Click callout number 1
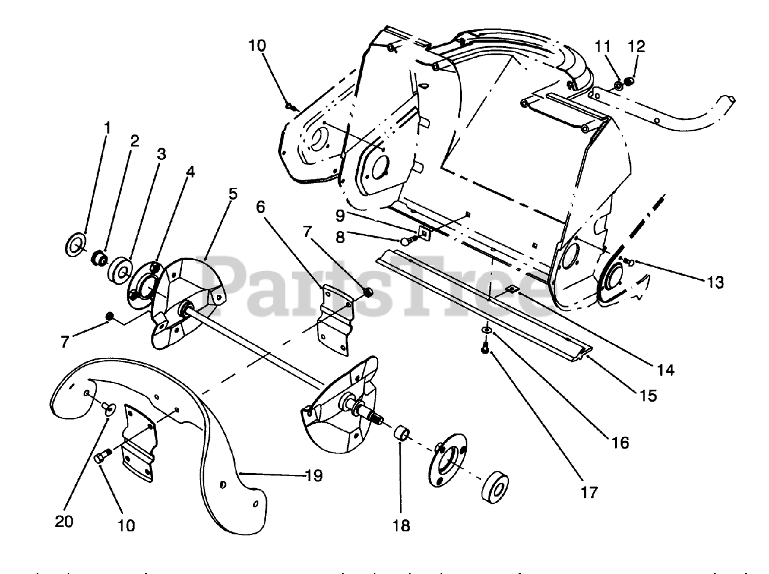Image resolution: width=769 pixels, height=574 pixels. point(107,128)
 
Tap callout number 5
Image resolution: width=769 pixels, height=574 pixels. point(233,194)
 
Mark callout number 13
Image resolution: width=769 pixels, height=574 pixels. point(716,282)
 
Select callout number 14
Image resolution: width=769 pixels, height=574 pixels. point(666,370)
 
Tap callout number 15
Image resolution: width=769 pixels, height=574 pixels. point(648,396)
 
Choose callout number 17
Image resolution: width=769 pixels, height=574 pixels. point(589,492)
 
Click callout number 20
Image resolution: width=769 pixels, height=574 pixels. point(64,521)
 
